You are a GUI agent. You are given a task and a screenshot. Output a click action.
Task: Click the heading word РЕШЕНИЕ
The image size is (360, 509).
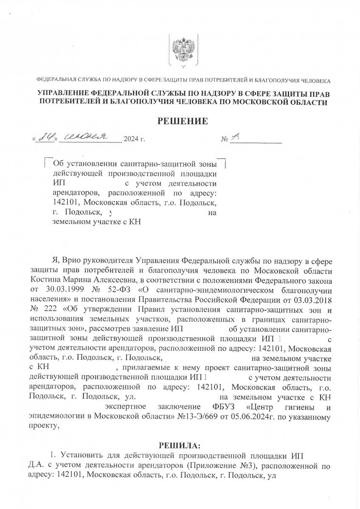tap(183, 121)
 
